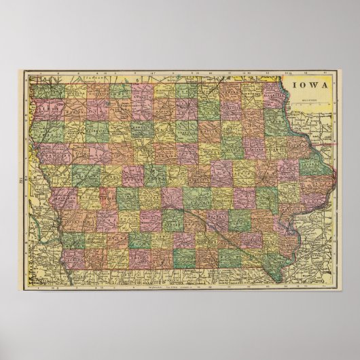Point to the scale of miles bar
309,101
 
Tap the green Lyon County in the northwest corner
55,91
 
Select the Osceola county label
77,91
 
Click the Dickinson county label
98,91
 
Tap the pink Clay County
99,109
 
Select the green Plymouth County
53,129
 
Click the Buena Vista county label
99,128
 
